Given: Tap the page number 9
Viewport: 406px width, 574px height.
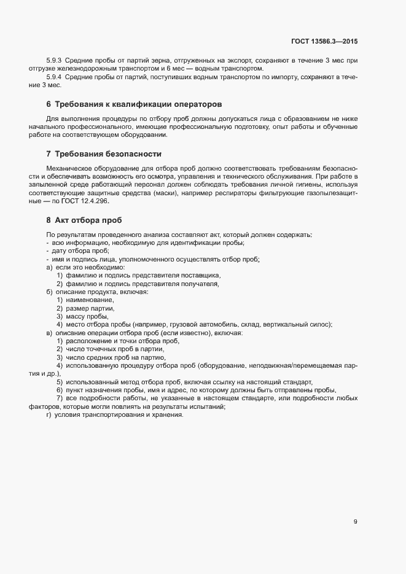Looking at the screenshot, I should pyautogui.click(x=356, y=522).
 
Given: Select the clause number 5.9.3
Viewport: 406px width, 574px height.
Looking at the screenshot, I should pyautogui.click(x=55, y=60).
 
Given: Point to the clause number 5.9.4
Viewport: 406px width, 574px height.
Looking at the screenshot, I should pyautogui.click(x=55, y=77).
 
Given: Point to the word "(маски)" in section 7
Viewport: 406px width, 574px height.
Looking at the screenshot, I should pyautogui.click(x=158, y=193).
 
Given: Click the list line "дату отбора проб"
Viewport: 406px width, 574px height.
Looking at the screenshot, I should pyautogui.click(x=80, y=251).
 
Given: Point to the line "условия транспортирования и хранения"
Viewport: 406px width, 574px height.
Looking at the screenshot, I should pyautogui.click(x=119, y=414).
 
